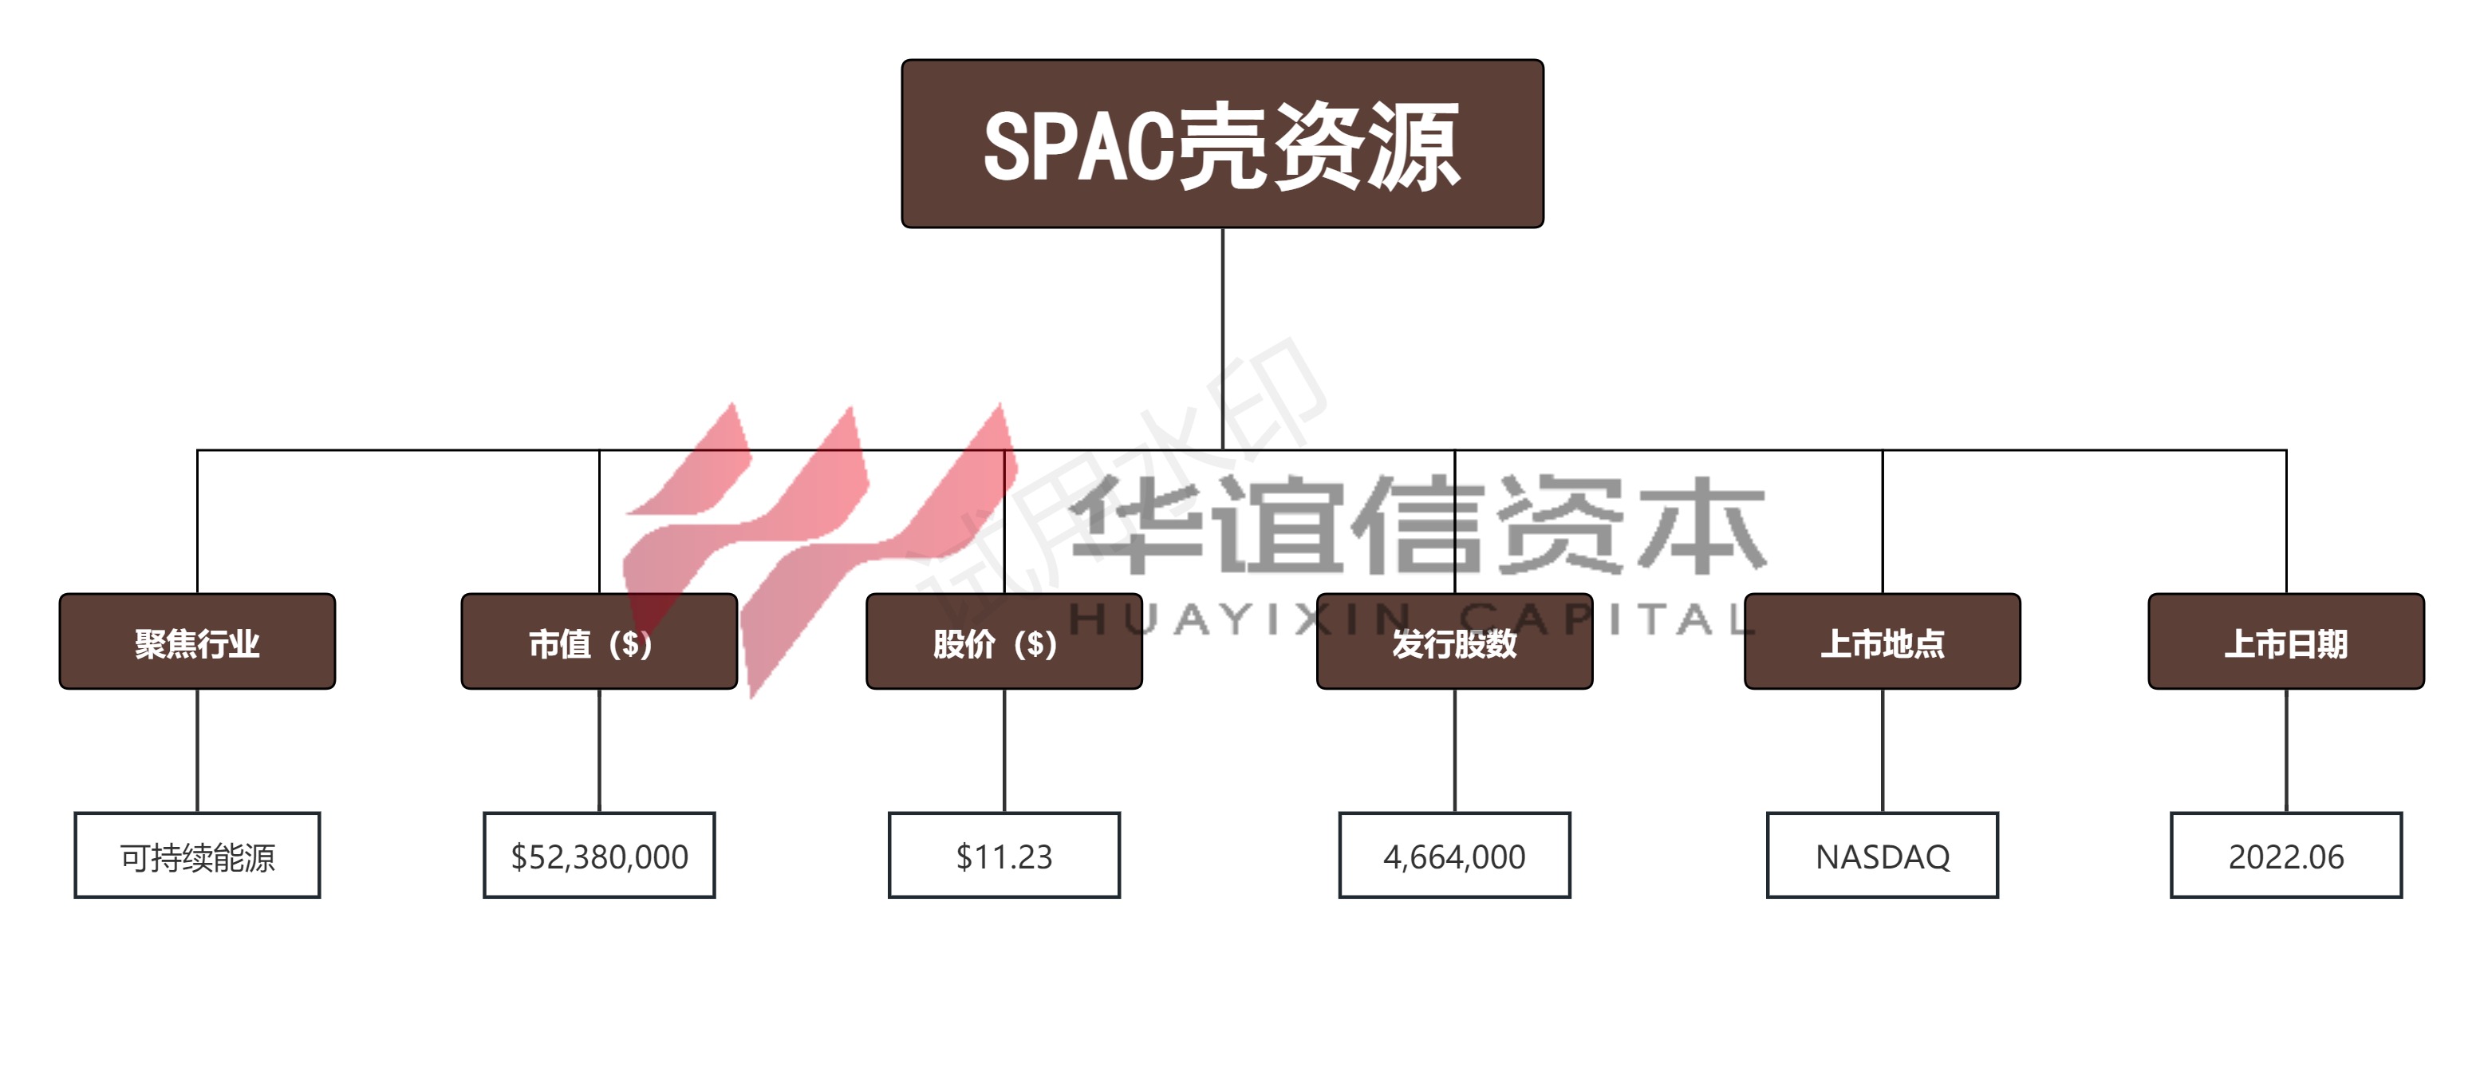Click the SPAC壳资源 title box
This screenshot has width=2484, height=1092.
1222,144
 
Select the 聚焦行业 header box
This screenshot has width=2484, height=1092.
198,642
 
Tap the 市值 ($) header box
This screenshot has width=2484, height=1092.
599,642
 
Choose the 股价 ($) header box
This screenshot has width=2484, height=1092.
1003,642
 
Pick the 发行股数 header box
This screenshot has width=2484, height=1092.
1454,642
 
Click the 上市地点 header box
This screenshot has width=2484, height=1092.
1883,642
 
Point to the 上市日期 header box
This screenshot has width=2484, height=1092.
2286,642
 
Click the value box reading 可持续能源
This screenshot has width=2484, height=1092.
198,856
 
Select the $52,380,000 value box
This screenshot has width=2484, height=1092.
599,856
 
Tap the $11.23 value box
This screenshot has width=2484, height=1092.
1003,856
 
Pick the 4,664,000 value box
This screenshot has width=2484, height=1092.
1454,856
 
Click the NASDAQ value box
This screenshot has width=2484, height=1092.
1883,856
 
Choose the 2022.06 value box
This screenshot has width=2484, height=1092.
2286,856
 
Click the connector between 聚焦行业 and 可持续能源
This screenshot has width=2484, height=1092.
198,751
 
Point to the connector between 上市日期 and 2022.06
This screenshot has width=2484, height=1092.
2286,751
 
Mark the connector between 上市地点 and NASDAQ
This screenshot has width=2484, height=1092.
1883,751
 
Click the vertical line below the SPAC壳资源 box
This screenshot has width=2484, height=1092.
1223,338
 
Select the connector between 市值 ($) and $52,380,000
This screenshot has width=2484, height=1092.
599,751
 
